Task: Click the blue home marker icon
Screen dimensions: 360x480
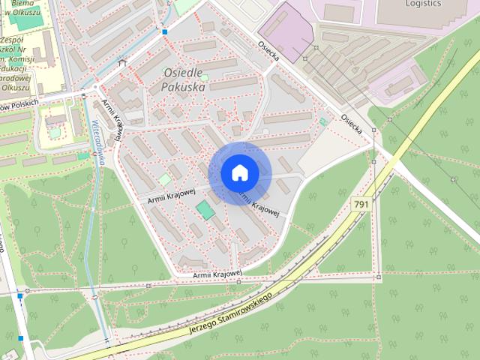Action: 239,172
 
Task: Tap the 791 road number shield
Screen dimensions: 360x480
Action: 361,204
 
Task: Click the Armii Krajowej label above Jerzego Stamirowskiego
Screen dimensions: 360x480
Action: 217,275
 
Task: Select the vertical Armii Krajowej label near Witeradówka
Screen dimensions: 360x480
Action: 112,121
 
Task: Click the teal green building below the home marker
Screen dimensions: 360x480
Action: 205,210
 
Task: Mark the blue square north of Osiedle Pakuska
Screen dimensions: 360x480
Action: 165,32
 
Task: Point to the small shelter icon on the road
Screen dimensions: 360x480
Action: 122,63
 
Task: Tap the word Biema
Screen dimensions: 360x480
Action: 10,2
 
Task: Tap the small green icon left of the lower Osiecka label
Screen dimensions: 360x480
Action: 323,121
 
